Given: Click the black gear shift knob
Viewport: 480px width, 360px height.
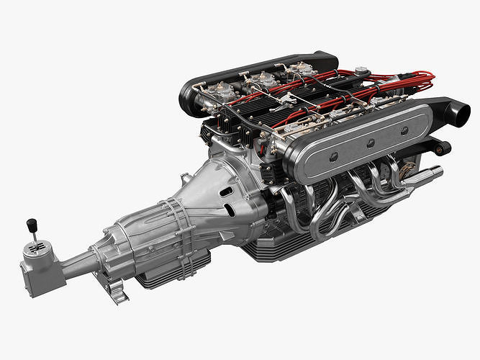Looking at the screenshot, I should click(31, 225).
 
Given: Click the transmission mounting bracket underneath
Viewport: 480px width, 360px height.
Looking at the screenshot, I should click(116, 291).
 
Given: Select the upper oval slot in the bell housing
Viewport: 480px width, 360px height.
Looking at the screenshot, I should click(226, 192).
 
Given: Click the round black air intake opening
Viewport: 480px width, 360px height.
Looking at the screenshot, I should click(459, 113).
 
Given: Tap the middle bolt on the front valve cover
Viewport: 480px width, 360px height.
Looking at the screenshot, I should click(370, 143).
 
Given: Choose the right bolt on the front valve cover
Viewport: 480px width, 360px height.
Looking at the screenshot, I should click(404, 130).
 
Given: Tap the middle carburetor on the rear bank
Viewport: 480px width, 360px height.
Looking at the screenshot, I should click(262, 81).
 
